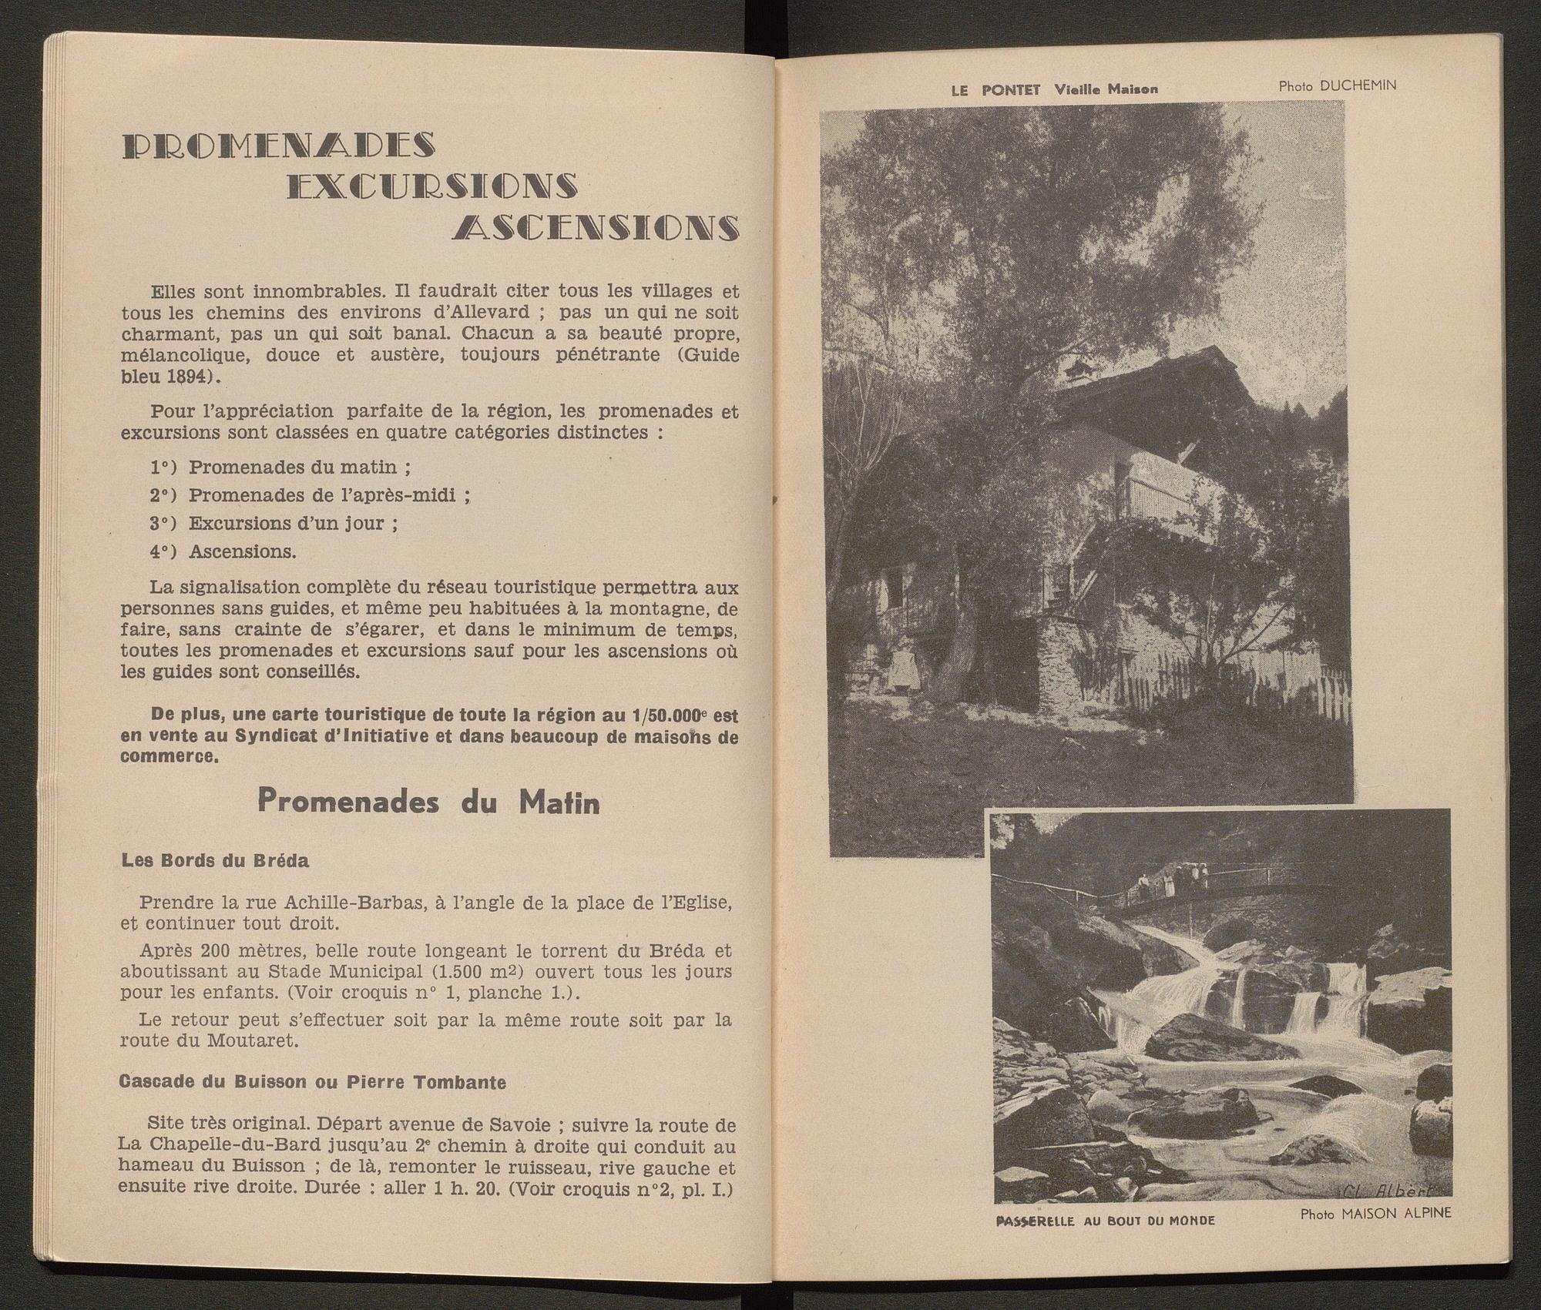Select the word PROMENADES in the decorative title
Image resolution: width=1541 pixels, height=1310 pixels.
click(x=278, y=145)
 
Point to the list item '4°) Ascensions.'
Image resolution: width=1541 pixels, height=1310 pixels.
click(x=223, y=551)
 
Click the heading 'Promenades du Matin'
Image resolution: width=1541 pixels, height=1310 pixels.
click(x=428, y=802)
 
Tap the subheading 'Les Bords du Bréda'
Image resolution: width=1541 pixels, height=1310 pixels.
click(x=216, y=861)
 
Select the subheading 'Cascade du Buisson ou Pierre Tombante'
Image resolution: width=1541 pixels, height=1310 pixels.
click(x=313, y=1082)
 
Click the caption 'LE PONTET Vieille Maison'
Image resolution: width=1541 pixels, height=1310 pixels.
click(x=1054, y=89)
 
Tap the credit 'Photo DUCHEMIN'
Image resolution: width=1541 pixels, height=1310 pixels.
click(x=1337, y=85)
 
